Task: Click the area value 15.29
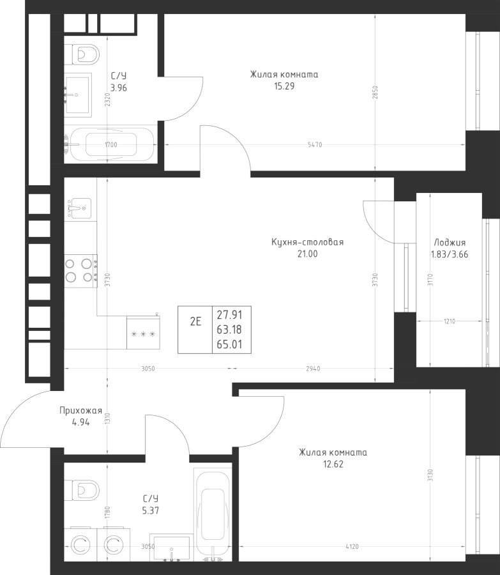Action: [x=284, y=86]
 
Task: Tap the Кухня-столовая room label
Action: [x=308, y=242]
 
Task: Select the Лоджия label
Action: [x=450, y=242]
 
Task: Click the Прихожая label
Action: [x=80, y=411]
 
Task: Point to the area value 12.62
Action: [x=333, y=464]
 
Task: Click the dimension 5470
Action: [x=315, y=145]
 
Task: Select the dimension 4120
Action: [x=352, y=547]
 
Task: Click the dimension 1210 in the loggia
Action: [x=450, y=321]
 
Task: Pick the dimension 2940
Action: [x=313, y=369]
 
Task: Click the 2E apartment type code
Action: [x=195, y=321]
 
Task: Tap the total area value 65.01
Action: [x=229, y=344]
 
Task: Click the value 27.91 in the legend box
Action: [x=229, y=314]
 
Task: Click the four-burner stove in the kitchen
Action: [x=80, y=271]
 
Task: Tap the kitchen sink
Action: [x=80, y=208]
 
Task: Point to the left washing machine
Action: [x=80, y=544]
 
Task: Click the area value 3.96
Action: [x=119, y=88]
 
